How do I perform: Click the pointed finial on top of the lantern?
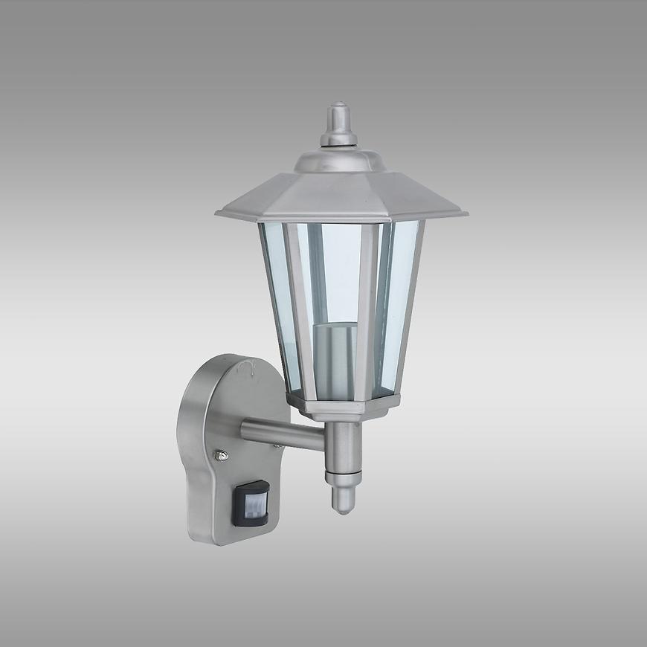coord(338,123)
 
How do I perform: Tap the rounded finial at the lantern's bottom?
coord(343,498)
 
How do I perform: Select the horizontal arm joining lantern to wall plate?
coord(283,434)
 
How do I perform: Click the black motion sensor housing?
coord(251,503)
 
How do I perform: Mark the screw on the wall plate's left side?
coord(220,456)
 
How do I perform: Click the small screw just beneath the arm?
coord(276,446)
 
